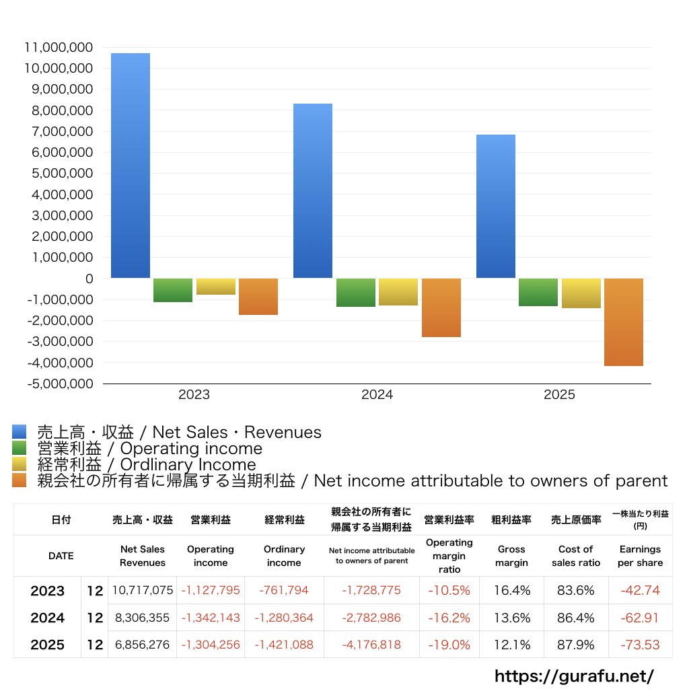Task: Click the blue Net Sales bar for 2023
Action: coord(131,166)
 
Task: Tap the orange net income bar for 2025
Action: coord(624,322)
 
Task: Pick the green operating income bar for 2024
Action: coord(356,293)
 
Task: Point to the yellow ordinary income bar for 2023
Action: coord(216,287)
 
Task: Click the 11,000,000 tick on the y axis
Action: coord(59,48)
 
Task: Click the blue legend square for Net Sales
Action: coord(19,432)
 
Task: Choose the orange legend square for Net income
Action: coord(19,480)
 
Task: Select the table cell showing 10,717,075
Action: coord(143,591)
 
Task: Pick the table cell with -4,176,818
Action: coord(371,645)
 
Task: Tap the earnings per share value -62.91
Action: coord(640,618)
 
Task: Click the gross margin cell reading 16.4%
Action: coord(511,591)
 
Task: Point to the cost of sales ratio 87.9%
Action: coord(575,645)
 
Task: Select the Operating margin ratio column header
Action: coord(449,556)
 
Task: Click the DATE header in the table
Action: coord(61,556)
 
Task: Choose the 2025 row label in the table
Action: coord(48,645)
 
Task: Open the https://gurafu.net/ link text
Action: coord(574,676)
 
